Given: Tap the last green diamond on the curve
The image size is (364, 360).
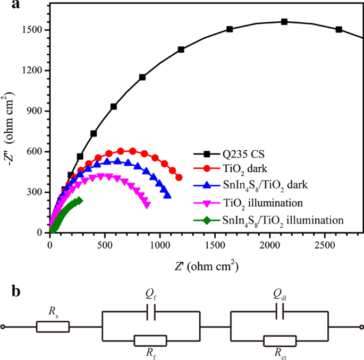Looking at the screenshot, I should pos(79,200).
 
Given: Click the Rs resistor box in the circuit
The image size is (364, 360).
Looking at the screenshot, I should pos(53,327).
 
